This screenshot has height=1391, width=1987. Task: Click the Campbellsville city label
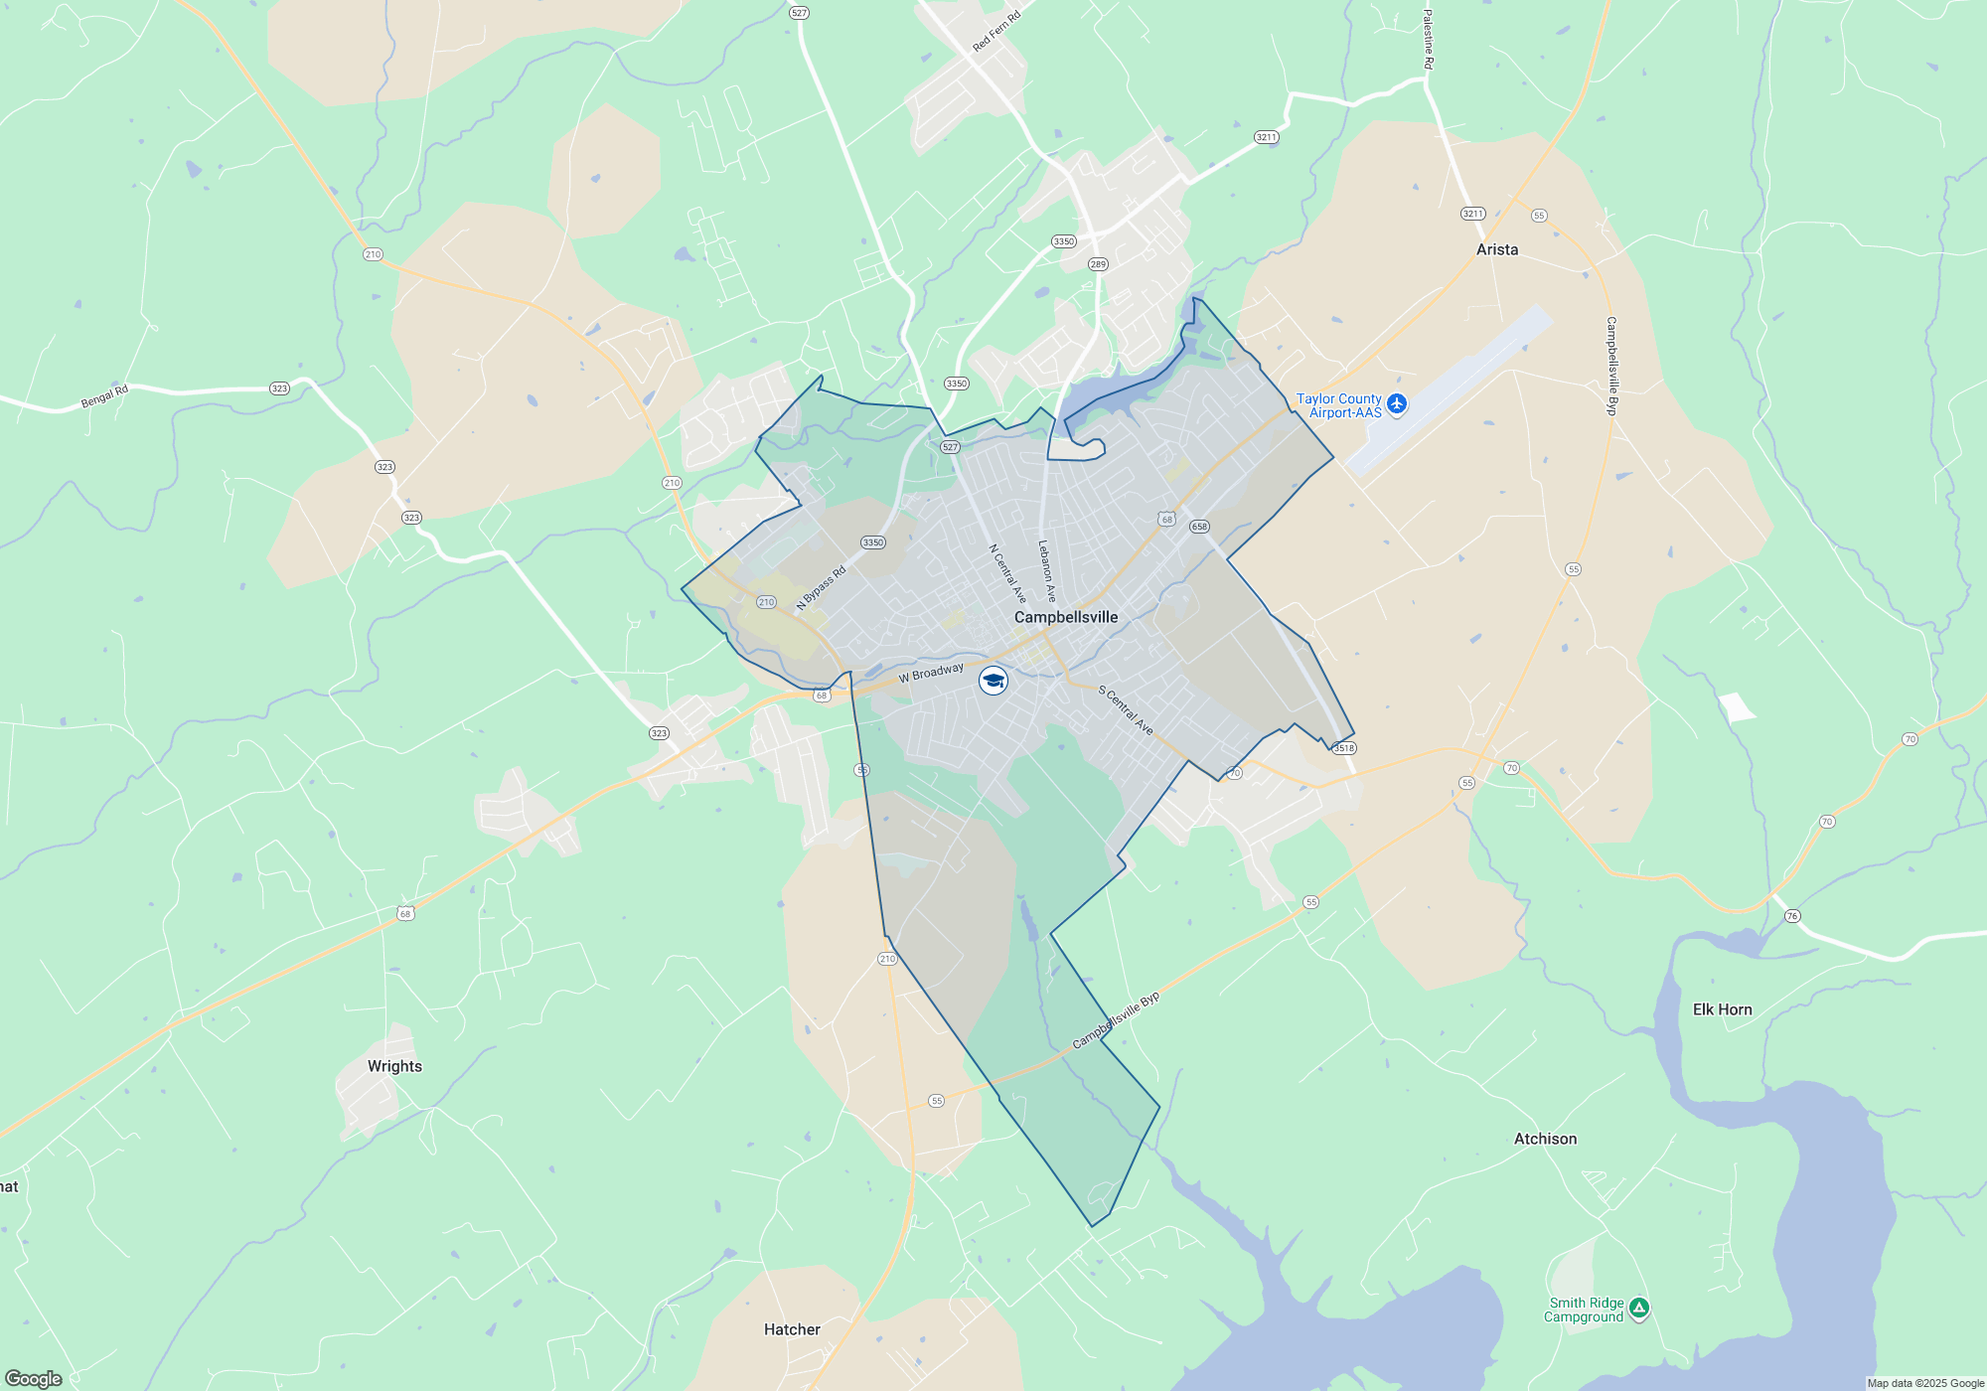(1065, 617)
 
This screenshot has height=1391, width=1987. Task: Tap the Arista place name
(1496, 249)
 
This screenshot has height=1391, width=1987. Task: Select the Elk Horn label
(1722, 1009)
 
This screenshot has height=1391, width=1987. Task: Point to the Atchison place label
(1545, 1139)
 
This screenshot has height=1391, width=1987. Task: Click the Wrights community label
(394, 1066)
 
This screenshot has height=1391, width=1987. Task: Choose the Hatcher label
(792, 1329)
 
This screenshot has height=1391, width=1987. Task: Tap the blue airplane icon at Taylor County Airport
(1397, 403)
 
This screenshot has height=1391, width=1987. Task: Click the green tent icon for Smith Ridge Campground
(1638, 1309)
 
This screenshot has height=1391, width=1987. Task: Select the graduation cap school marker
(993, 681)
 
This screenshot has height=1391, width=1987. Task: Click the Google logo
(34, 1378)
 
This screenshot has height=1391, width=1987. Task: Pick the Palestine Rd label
(1428, 40)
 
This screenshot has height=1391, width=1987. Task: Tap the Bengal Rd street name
(104, 396)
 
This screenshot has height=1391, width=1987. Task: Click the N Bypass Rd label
(821, 588)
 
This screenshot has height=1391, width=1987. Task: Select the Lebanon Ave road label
(1046, 571)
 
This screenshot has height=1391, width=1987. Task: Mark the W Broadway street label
(931, 673)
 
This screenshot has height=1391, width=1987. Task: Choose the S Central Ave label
(1126, 710)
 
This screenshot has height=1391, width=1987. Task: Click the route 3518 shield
(1343, 748)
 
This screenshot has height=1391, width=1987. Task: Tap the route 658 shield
(1199, 527)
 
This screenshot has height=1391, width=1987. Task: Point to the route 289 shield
(1098, 264)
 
